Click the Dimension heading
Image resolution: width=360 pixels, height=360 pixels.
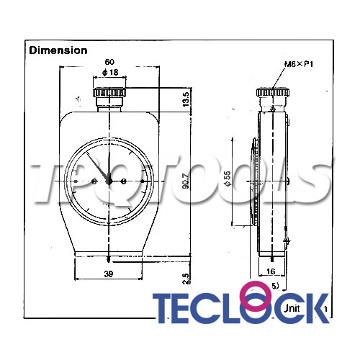tap(58, 50)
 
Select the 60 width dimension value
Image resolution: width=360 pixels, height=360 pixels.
tap(109, 63)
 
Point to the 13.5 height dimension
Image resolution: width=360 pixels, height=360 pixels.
tap(186, 99)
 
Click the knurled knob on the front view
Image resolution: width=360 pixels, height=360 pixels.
tap(109, 94)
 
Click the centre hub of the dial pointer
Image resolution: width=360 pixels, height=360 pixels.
tap(109, 181)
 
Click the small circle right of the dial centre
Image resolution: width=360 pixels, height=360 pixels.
tap(125, 181)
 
